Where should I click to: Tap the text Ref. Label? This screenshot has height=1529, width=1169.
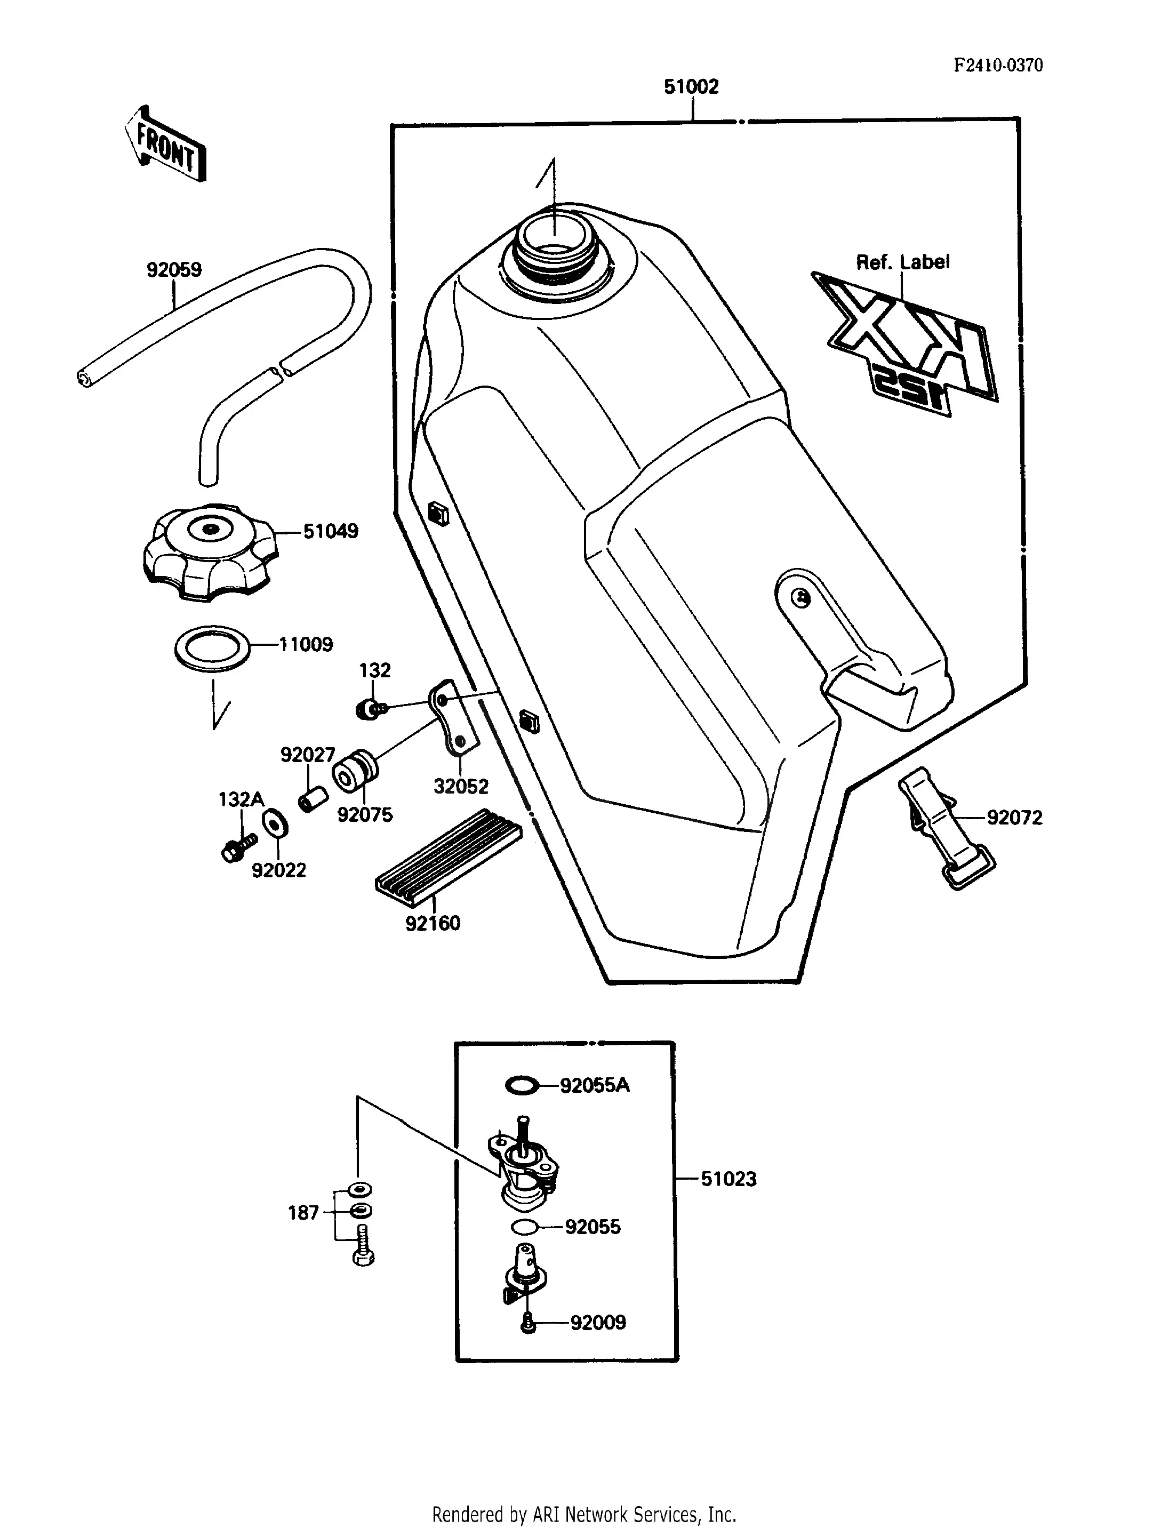coord(902,262)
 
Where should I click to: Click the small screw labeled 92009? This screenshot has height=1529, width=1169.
coord(528,1322)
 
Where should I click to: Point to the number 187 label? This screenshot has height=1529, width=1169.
coord(303,1213)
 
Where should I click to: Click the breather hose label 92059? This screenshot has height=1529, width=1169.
coord(174,269)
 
